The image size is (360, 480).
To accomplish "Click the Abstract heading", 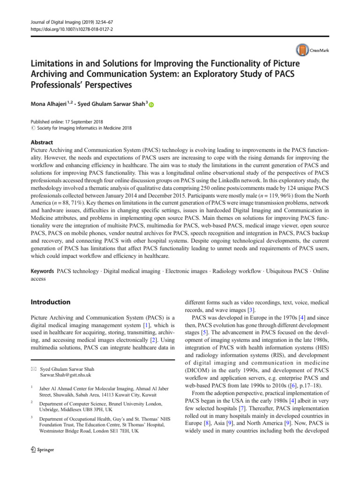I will click(41, 142).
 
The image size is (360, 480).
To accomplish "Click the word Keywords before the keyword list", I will click(41, 271).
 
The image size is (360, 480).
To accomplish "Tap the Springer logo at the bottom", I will click(41, 450).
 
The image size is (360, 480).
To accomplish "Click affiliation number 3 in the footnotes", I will click(30, 417).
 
